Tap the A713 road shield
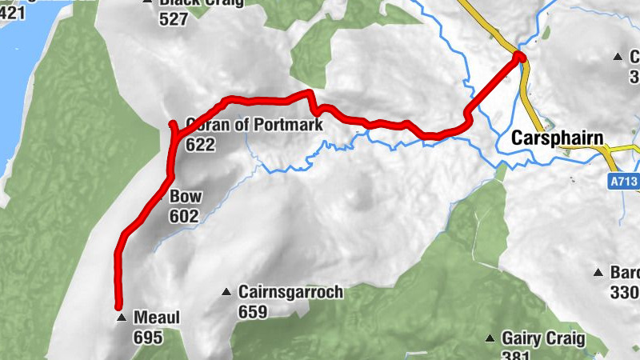point(623,182)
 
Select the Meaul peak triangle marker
point(122,318)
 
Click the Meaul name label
point(157,318)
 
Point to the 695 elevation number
point(148,338)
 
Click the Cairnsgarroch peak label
point(290,292)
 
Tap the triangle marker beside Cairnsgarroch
point(227,292)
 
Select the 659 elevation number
point(253,312)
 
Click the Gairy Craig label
point(543,338)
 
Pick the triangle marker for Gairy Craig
point(490,338)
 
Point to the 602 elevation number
point(183,216)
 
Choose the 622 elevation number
point(200,145)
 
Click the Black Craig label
point(201,3)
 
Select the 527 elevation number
point(173,21)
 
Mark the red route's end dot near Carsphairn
point(519,57)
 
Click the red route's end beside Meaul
point(118,306)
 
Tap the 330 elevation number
point(624,292)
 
